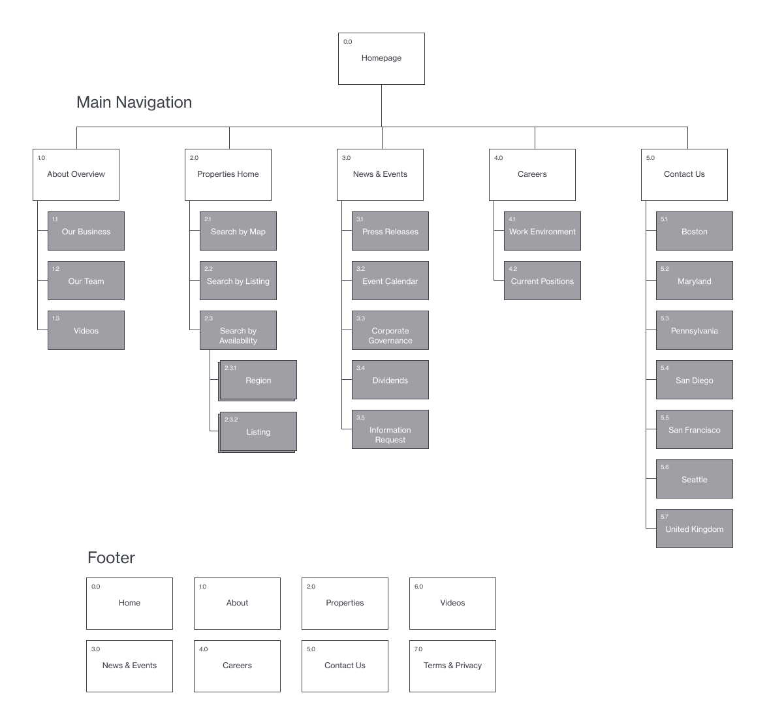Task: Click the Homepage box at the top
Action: click(x=381, y=59)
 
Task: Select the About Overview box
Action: click(x=76, y=174)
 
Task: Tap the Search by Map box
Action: click(x=238, y=231)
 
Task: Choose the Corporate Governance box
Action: click(x=390, y=330)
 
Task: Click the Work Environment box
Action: click(x=542, y=231)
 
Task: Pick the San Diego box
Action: click(x=694, y=380)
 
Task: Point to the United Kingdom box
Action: click(x=694, y=529)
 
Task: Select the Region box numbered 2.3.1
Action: click(x=258, y=380)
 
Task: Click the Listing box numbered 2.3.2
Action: click(x=258, y=431)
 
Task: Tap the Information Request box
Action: click(x=390, y=429)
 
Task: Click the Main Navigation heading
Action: click(x=134, y=102)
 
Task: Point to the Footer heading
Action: click(x=111, y=558)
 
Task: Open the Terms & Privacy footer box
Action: click(x=452, y=666)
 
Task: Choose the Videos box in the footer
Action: click(x=452, y=603)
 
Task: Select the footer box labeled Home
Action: click(x=129, y=603)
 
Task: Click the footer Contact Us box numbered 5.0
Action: click(x=345, y=666)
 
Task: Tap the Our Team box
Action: click(x=86, y=281)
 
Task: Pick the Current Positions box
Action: click(x=542, y=281)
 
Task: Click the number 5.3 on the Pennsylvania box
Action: click(x=665, y=318)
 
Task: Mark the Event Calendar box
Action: click(x=390, y=281)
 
